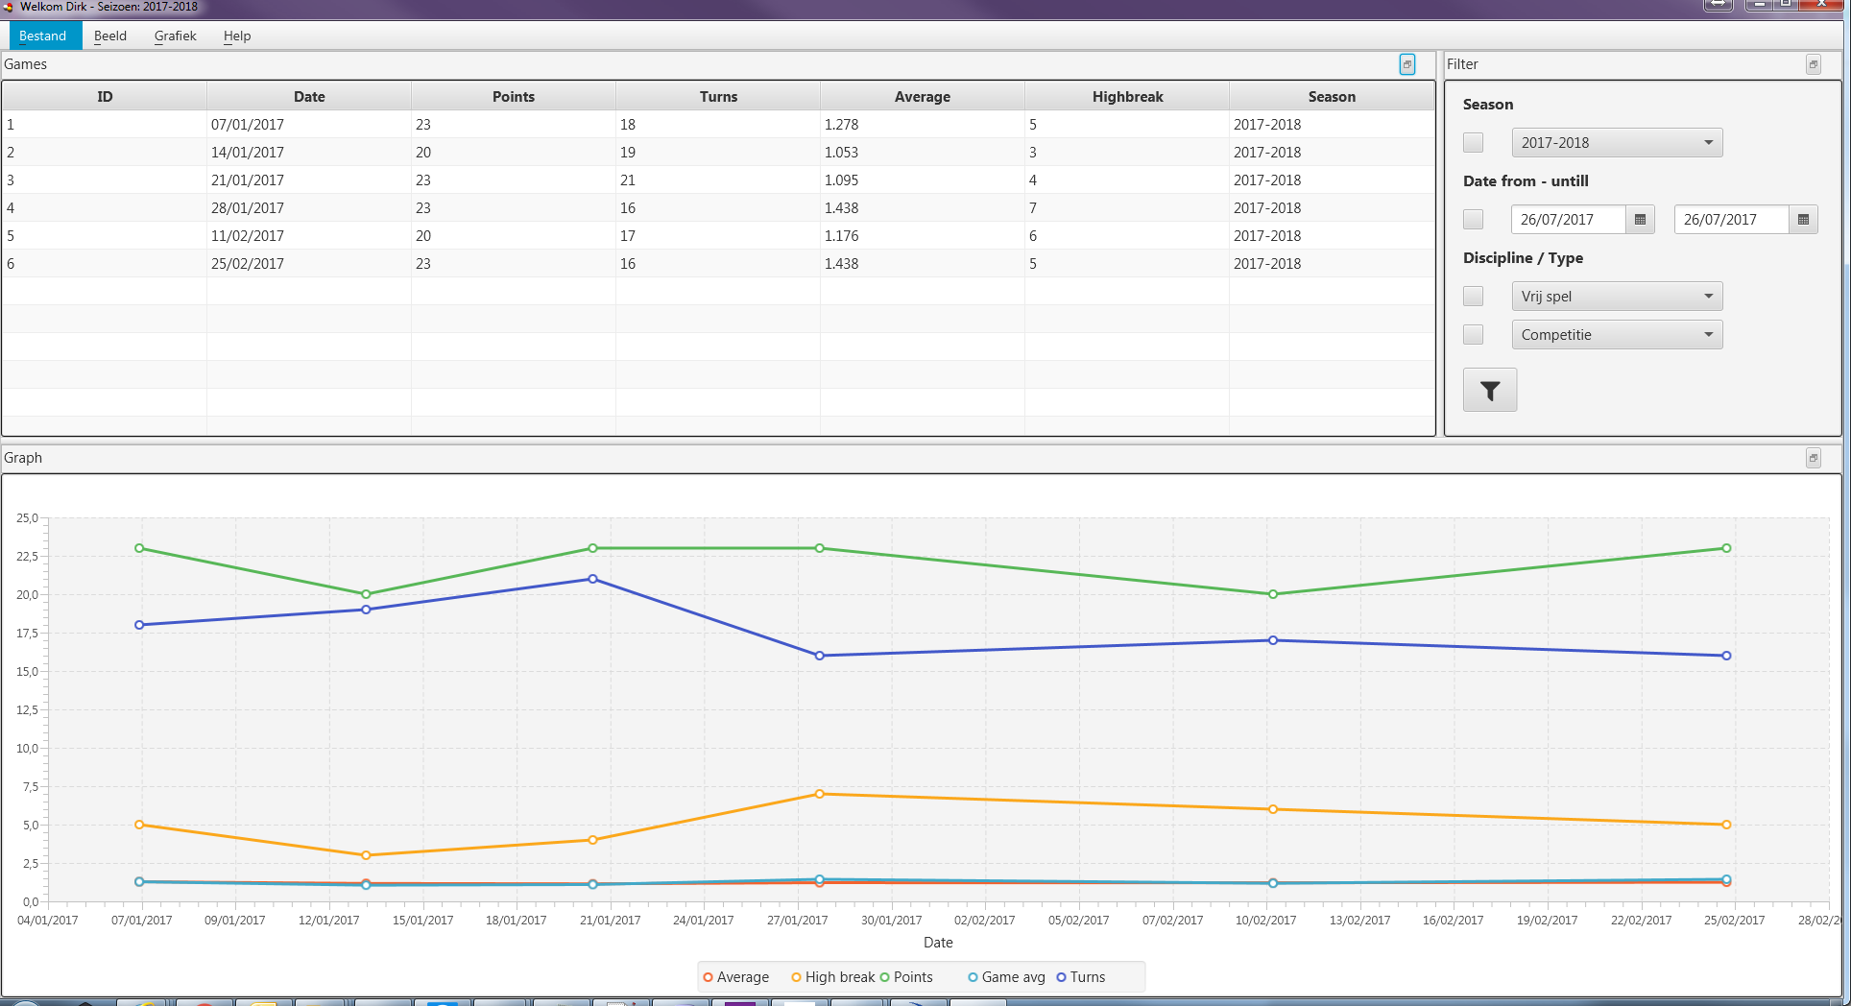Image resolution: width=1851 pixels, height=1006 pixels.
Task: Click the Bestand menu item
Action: [x=43, y=36]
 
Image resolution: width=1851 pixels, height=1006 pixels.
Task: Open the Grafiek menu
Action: [x=175, y=36]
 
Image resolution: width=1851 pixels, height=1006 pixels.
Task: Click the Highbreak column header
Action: [x=1127, y=97]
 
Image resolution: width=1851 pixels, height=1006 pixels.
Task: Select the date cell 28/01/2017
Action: [x=248, y=208]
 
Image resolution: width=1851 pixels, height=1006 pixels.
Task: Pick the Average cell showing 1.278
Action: [x=841, y=125]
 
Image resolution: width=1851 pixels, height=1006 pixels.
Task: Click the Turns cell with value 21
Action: [x=628, y=180]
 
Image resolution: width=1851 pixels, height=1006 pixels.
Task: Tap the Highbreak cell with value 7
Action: [x=1033, y=208]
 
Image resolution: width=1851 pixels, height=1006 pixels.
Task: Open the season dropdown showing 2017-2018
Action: [x=1617, y=143]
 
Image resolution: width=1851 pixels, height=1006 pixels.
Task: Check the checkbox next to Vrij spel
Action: [x=1473, y=297]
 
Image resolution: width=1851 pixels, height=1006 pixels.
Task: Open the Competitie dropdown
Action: [x=1617, y=335]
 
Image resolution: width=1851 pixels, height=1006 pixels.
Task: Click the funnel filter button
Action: [x=1490, y=391]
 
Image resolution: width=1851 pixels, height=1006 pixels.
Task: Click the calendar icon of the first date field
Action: [x=1640, y=220]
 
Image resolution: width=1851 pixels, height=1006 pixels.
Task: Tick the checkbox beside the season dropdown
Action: [x=1473, y=143]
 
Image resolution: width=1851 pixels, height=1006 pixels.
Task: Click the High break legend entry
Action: [x=832, y=977]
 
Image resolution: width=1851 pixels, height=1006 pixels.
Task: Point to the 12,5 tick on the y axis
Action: [x=27, y=710]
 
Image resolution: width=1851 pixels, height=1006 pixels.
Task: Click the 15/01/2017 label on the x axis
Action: [x=422, y=921]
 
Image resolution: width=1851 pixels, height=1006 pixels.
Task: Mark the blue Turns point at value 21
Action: [x=592, y=579]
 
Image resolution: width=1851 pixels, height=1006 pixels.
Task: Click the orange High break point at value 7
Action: [x=819, y=794]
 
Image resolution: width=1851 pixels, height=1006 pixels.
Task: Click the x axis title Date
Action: [x=938, y=943]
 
